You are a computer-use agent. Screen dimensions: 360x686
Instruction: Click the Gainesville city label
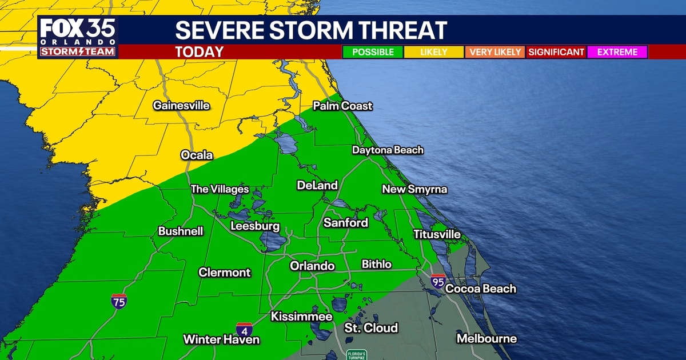coord(181,106)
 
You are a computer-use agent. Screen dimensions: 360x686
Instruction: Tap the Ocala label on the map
coord(197,155)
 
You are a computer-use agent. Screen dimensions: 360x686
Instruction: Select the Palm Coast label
coord(342,106)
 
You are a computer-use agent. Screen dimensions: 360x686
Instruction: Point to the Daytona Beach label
coord(388,150)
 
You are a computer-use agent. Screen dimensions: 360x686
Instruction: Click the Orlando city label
coord(312,266)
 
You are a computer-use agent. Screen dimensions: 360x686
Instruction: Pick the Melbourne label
coord(486,339)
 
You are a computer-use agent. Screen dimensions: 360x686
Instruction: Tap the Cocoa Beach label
coord(480,289)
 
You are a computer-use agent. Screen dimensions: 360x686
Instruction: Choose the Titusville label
coord(437,234)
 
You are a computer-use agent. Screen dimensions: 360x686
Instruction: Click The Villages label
coord(220,189)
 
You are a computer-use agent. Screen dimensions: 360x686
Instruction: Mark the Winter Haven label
coord(221,339)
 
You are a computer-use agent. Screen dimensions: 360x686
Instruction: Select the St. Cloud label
coord(371,328)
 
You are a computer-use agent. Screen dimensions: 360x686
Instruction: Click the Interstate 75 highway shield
coord(119,301)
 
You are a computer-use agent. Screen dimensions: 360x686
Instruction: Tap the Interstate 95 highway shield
coord(438,281)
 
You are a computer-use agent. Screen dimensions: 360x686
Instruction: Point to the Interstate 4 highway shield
coord(244,330)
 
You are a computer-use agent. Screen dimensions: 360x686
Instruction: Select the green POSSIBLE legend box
coord(373,52)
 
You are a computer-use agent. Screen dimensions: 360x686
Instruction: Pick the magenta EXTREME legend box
coord(617,52)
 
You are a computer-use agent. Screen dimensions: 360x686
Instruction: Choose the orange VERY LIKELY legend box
coord(496,52)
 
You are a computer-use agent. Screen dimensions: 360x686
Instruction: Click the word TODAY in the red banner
coord(199,52)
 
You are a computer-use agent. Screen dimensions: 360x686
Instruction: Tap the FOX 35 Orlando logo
coord(78,37)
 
